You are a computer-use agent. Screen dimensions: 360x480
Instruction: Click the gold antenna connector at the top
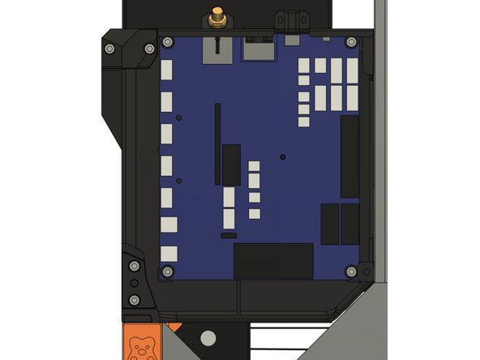pyautogui.click(x=217, y=16)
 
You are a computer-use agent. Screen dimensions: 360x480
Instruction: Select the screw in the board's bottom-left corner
pyautogui.click(x=168, y=271)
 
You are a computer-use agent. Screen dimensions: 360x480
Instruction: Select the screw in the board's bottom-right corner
pyautogui.click(x=352, y=271)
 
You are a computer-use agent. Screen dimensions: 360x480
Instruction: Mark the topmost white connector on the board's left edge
pyautogui.click(x=168, y=70)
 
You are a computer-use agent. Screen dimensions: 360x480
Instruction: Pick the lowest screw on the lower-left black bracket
pyautogui.click(x=134, y=300)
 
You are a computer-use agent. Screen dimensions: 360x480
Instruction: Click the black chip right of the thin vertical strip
pyautogui.click(x=232, y=165)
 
